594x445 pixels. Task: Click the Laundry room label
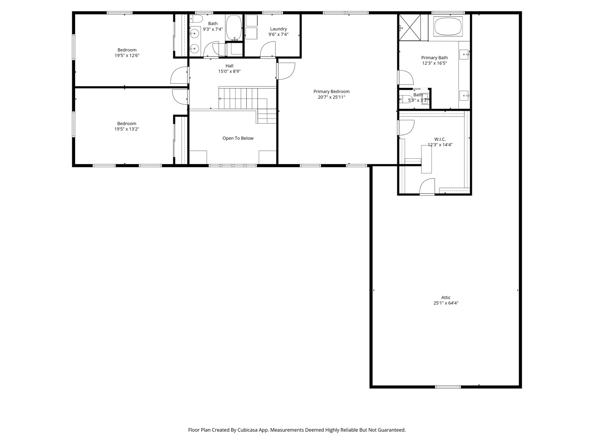[x=278, y=29]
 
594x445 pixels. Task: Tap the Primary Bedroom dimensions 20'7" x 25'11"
[x=331, y=97]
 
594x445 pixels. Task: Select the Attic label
[x=446, y=297]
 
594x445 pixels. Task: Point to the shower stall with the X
[x=410, y=27]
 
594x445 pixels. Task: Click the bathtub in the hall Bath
[x=234, y=27]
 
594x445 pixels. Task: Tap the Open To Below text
[x=238, y=138]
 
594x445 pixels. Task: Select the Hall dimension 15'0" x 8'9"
[x=229, y=71]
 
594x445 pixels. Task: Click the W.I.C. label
[x=440, y=139]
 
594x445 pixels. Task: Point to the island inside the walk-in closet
[x=426, y=159]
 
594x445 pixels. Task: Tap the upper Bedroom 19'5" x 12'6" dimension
[x=127, y=56]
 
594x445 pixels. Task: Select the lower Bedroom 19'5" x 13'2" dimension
[x=127, y=129]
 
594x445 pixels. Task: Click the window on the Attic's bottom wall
[x=448, y=386]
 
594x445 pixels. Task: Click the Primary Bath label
[x=434, y=58]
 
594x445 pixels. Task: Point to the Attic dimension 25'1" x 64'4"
[x=446, y=303]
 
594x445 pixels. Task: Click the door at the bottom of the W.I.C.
[x=427, y=187]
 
